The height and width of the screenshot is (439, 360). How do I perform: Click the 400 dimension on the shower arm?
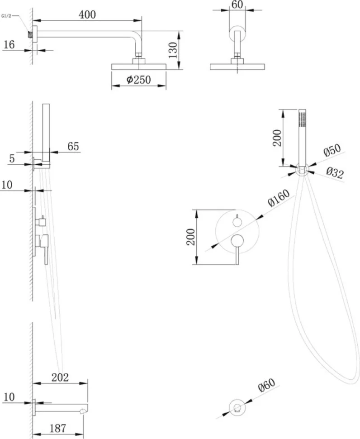[x=87, y=14]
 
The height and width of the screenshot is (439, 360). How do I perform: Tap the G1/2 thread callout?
[x=6, y=16]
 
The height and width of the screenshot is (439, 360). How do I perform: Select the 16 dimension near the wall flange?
[x=9, y=44]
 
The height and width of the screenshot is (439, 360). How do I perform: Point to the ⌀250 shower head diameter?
[x=138, y=80]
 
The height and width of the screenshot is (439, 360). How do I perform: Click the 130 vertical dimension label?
[x=173, y=50]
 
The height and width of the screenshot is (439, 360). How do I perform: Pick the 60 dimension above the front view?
[x=237, y=5]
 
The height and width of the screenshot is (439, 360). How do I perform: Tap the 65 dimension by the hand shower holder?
[x=73, y=146]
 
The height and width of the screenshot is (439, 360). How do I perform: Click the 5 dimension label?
[x=12, y=158]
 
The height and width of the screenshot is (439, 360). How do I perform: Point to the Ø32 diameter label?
[x=335, y=173]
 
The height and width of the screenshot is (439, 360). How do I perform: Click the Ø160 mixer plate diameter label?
[x=279, y=198]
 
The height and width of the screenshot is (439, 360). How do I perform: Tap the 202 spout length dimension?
[x=60, y=377]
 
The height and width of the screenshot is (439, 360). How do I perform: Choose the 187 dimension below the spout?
[x=58, y=428]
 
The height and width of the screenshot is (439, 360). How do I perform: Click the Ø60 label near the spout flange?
[x=266, y=385]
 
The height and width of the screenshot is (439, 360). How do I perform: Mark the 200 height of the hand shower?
[x=277, y=138]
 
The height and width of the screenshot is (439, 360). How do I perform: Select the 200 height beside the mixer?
[x=190, y=237]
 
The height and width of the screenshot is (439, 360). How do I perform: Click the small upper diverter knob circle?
[x=237, y=222]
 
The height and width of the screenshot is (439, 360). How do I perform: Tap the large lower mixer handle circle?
[x=237, y=241]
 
